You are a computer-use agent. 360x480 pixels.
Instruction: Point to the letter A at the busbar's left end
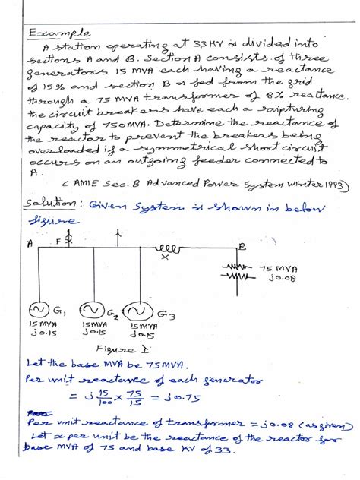[28, 245]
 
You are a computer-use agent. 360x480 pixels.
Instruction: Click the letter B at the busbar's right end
[241, 247]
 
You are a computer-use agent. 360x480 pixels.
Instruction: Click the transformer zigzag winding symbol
[236, 273]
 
